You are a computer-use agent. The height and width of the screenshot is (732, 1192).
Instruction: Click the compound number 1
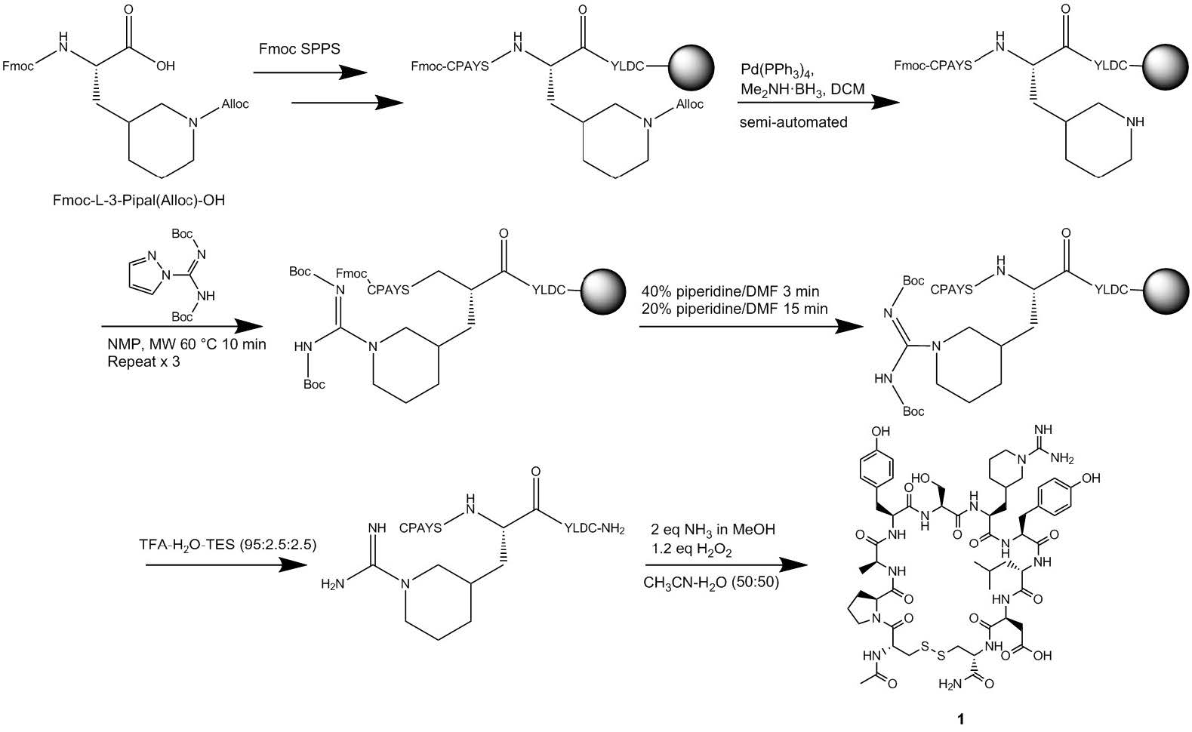960,719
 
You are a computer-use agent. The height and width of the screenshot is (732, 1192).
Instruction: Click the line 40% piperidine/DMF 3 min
730,291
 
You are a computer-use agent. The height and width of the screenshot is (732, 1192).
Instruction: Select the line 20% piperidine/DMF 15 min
734,308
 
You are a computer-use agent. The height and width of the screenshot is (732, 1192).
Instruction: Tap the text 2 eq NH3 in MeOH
713,530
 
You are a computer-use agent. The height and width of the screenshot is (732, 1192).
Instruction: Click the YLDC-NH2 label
594,528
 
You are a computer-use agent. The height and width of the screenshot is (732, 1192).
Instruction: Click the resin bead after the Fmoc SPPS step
687,66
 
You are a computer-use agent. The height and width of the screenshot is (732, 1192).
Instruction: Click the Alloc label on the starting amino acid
235,104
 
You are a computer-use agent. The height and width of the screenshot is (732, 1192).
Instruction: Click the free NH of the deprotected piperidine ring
1135,121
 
